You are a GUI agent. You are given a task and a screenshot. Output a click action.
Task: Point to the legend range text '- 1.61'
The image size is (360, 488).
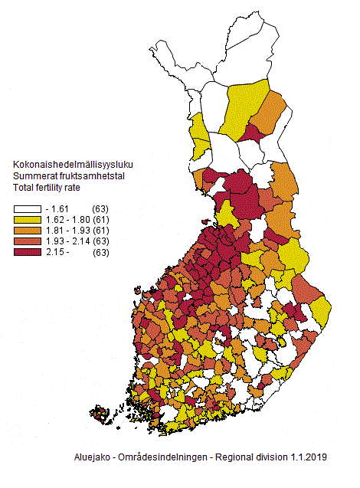(59, 209)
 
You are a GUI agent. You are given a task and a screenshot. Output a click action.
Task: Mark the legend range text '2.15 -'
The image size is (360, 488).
(59, 252)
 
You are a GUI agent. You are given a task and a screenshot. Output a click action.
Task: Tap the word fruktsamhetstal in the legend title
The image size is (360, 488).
(95, 176)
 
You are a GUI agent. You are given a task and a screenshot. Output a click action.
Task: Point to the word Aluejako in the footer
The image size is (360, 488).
(85, 457)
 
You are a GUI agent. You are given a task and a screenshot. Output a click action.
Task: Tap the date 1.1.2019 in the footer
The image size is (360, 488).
(309, 457)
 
